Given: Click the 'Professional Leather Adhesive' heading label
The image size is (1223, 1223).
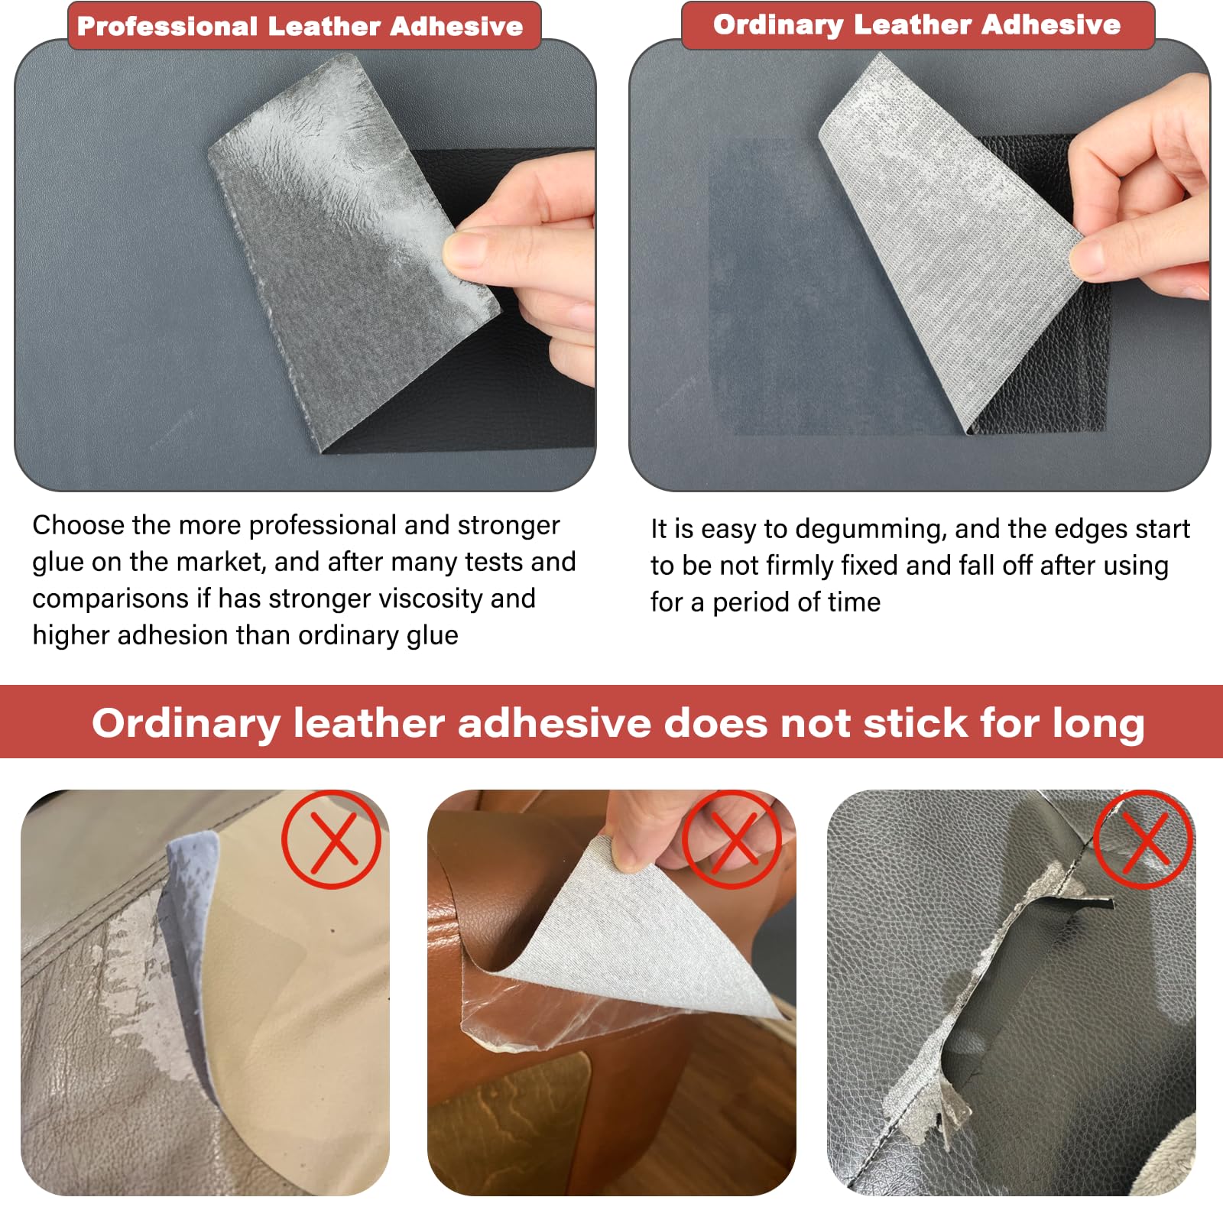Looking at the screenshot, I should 300,27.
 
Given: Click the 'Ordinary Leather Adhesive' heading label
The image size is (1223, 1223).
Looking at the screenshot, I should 916,25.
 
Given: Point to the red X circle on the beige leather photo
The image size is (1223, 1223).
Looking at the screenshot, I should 331,839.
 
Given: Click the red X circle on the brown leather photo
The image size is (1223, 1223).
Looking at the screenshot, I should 732,839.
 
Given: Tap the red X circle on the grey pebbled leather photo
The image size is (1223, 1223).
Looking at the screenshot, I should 1144,839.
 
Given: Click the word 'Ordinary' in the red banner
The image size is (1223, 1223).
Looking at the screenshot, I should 186,723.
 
